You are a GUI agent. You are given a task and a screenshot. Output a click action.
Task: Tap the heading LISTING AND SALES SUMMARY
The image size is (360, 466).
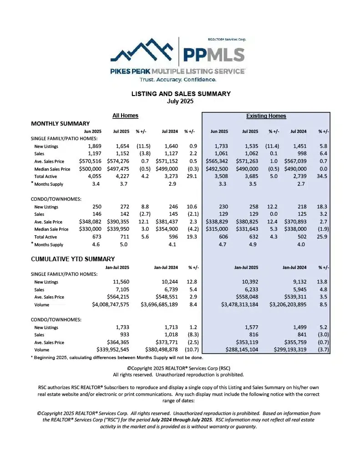[x=181, y=94]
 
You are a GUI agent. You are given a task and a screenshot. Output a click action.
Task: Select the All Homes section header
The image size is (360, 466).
[x=125, y=116]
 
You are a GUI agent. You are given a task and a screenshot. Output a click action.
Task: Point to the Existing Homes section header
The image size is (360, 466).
[x=266, y=116]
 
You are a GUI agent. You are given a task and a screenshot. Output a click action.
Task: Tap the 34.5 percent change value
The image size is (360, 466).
[x=323, y=176]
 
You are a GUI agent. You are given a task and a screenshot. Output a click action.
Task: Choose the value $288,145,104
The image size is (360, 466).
[x=239, y=349]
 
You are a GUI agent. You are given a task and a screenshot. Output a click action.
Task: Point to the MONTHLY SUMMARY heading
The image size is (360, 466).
[x=60, y=123]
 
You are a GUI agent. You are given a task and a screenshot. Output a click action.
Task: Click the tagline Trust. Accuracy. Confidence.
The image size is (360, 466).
[x=177, y=80]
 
